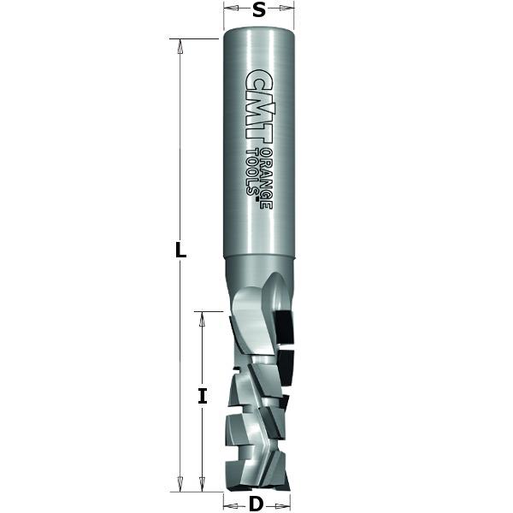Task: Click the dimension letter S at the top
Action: pos(259,10)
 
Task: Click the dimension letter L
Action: pos(180,250)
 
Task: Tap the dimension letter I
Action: pos(203,396)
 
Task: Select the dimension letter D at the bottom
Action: pos(256,504)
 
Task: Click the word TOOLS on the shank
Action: pos(253,172)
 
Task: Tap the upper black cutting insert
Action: pos(285,327)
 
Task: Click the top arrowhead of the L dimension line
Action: pos(180,46)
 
